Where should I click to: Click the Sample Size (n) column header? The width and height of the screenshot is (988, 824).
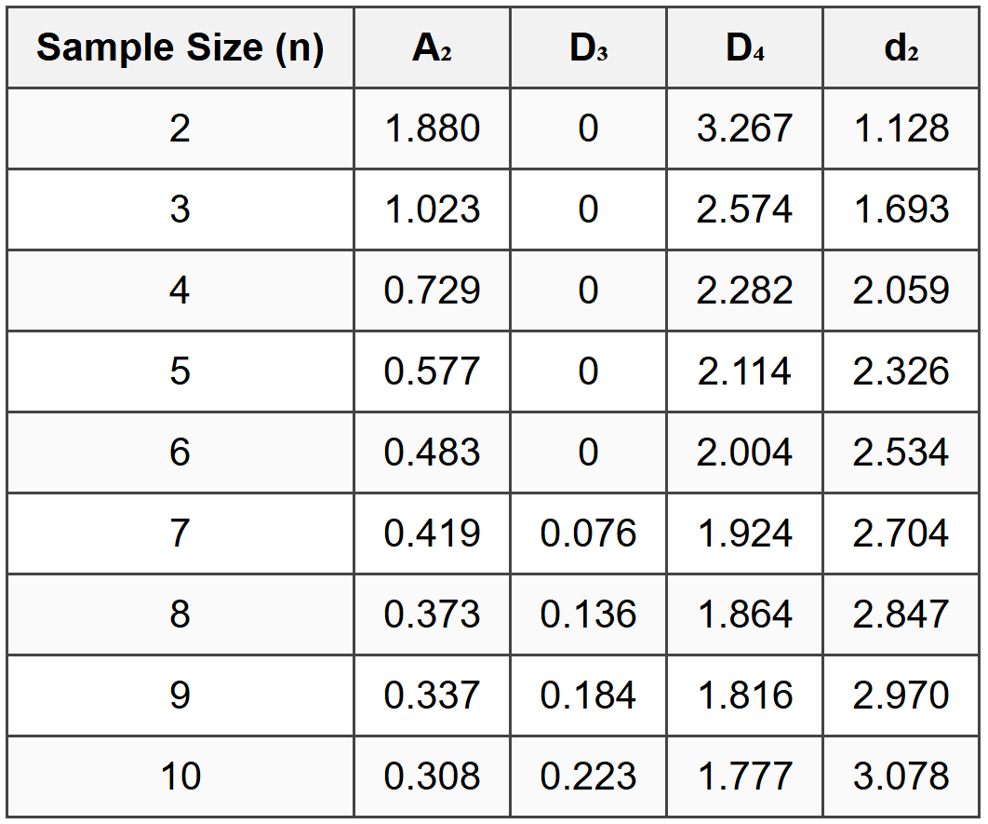point(180,47)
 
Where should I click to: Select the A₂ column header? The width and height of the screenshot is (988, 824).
point(432,47)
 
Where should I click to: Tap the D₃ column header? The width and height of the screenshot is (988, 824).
point(588,47)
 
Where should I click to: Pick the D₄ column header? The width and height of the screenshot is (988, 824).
point(744,47)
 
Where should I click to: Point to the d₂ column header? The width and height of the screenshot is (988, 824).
point(901,47)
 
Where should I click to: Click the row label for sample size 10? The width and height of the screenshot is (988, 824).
point(180,777)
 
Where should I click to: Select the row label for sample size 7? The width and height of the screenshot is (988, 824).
point(180,534)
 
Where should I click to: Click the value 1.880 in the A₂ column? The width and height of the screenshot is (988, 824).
point(432,128)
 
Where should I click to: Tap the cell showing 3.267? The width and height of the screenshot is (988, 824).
point(744,128)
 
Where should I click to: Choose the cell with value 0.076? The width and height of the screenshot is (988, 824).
point(588,534)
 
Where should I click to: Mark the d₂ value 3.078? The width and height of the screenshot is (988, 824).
point(901,777)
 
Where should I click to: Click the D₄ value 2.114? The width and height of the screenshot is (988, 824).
point(744,371)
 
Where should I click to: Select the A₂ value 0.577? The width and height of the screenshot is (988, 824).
point(432,371)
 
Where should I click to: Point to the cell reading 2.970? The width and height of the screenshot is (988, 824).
point(901,696)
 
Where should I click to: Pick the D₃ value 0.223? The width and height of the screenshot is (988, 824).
point(588,777)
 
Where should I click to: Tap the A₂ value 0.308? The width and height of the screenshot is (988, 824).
point(432,777)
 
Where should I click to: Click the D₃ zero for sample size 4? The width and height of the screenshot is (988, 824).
point(588,290)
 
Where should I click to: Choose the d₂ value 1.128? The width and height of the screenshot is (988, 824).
point(901,128)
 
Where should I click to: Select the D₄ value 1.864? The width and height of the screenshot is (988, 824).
point(744,615)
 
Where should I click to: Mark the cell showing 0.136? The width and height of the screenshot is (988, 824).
point(588,615)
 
